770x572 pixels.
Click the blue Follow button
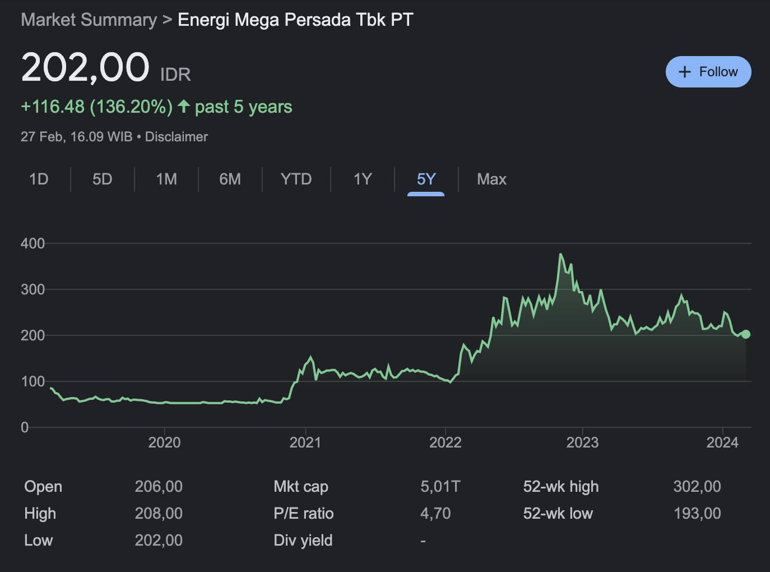708,72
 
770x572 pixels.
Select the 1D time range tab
39,179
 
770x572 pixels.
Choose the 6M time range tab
230,179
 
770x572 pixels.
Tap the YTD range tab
296,179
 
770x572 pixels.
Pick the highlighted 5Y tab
426,179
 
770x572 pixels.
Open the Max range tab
491,179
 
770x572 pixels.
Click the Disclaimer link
177,137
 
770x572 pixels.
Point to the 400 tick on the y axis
33,243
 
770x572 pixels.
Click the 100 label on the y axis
33,381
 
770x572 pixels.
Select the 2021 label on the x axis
305,442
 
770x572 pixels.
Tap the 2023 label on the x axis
582,442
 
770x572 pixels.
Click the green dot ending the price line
745,334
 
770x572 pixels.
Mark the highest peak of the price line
560,254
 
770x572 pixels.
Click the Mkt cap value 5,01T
440,487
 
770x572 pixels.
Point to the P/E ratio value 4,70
435,514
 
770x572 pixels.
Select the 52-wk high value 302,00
697,487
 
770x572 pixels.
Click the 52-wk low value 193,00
697,514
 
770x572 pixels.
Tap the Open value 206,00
159,487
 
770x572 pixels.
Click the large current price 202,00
85,67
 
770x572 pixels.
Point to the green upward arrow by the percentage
184,107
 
